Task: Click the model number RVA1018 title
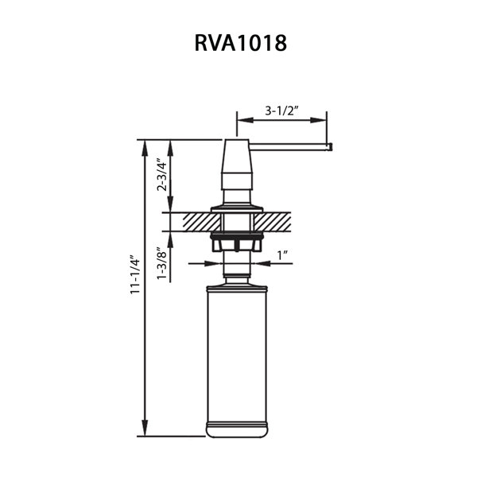(x=240, y=43)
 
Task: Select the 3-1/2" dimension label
(x=281, y=111)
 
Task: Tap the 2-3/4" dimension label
(x=161, y=175)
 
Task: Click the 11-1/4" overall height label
(x=135, y=274)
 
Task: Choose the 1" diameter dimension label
(x=282, y=255)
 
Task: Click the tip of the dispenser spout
(x=331, y=147)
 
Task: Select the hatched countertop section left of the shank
(x=201, y=222)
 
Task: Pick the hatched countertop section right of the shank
(x=272, y=222)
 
